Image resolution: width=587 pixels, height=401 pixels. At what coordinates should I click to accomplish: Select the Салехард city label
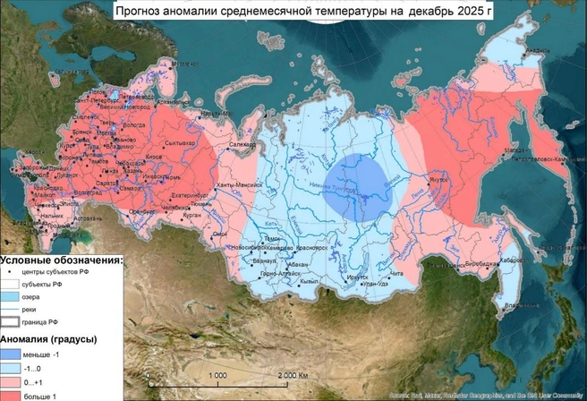[x=242, y=143]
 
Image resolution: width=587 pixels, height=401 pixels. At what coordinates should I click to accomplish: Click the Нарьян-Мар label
[x=210, y=113]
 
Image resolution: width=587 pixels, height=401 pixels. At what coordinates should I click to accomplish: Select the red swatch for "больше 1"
[x=12, y=395]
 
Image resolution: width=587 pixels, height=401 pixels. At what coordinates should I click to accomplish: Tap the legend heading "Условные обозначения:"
[x=61, y=259]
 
